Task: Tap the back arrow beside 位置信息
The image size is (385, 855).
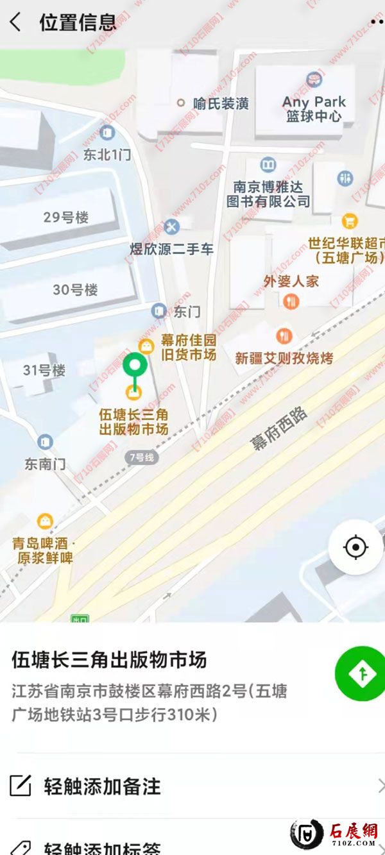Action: [15, 22]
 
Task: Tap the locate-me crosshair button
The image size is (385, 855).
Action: [355, 547]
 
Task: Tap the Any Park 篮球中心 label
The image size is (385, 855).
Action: [314, 109]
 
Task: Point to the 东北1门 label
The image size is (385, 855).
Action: [107, 155]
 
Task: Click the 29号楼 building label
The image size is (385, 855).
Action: [66, 217]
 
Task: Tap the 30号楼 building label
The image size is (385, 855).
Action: [75, 290]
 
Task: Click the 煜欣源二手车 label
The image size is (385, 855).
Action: [172, 249]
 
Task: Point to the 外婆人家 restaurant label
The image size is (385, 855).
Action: [291, 281]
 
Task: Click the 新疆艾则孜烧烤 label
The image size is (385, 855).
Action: [284, 357]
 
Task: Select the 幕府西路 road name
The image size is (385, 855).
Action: [280, 428]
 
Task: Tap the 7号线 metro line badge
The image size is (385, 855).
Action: [142, 457]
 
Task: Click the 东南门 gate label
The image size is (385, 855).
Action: [45, 464]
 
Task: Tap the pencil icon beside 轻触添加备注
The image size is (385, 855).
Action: [21, 786]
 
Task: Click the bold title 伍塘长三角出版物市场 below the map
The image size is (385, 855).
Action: [109, 660]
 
